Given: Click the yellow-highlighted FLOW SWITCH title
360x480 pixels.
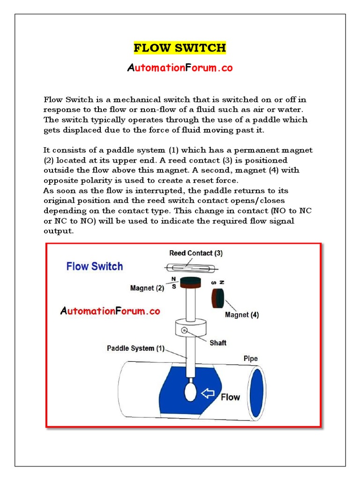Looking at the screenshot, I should [180, 48].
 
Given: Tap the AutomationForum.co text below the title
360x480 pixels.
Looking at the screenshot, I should [180, 68].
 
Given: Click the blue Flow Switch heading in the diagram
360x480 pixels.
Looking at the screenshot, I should [95, 266].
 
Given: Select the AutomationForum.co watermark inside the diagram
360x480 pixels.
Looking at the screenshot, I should [110, 311].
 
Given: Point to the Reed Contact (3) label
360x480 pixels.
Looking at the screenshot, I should [196, 253].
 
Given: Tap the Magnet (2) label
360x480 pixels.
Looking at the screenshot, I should [148, 288].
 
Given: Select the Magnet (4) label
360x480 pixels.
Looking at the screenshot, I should [242, 315].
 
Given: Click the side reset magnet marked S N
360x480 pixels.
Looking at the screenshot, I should [219, 298].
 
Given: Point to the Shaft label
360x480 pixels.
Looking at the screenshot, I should [217, 343].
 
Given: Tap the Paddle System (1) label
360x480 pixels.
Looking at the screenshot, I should [136, 348].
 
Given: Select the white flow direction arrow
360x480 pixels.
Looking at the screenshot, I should [208, 393].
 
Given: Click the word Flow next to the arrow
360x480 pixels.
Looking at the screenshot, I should [230, 397].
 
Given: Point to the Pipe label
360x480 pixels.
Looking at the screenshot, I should [250, 359].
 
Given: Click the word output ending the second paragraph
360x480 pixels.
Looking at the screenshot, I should [59, 231].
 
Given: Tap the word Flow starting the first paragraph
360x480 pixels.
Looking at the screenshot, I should [52, 100].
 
